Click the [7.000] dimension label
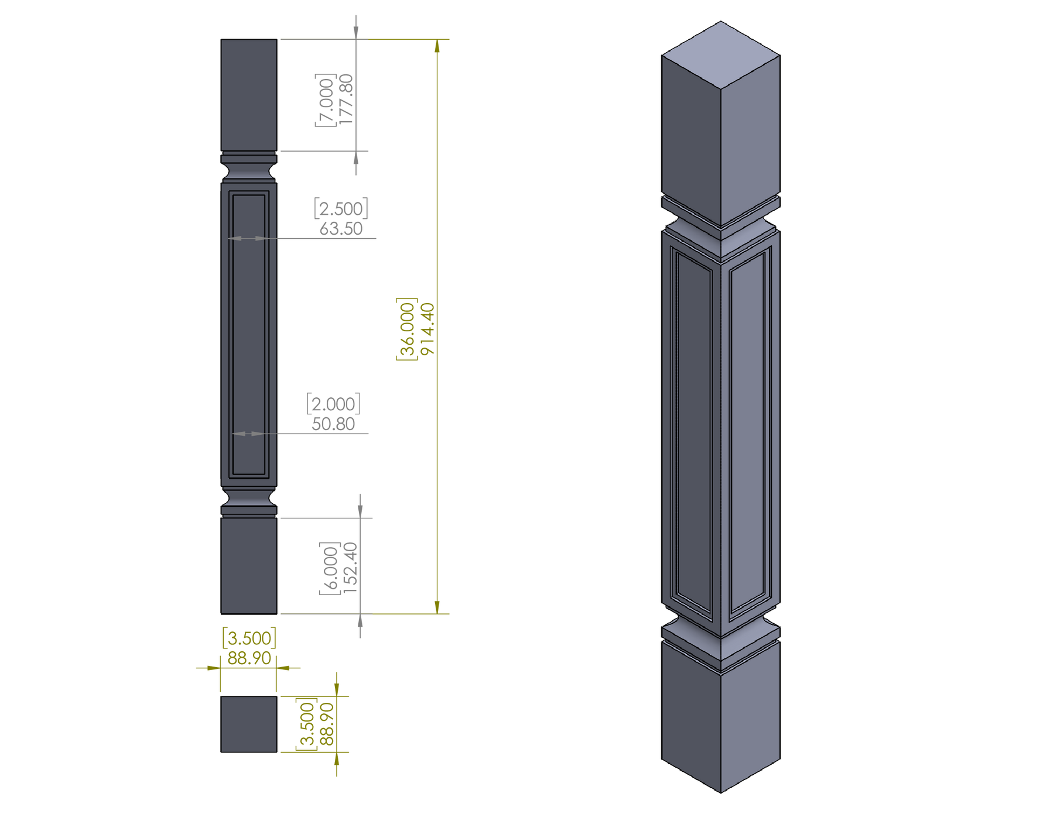[326, 99]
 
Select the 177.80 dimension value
[347, 98]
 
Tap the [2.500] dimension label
[341, 208]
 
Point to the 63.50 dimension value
[341, 228]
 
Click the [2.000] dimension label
[333, 403]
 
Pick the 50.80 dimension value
[333, 423]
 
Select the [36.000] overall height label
[406, 329]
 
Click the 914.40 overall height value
[428, 329]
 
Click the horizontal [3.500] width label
[249, 637]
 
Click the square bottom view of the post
[249, 724]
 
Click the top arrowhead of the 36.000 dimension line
[437, 46]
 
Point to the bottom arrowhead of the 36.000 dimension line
[437, 607]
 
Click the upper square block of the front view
[248, 94]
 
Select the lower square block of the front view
[249, 565]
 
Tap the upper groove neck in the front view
[248, 172]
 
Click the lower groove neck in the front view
[249, 499]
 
